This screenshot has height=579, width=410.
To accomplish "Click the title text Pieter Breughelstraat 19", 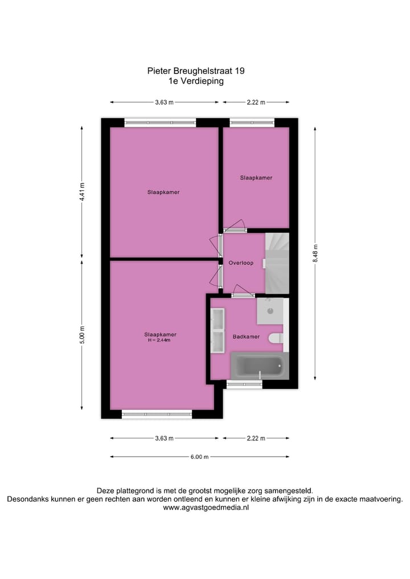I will [196, 71].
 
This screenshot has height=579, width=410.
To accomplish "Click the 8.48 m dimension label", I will [315, 253].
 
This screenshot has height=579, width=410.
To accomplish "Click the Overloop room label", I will [241, 263].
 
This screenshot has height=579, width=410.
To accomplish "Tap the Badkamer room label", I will [246, 336].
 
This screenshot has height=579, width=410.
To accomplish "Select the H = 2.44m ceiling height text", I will [160, 340].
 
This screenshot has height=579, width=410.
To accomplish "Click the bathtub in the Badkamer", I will [259, 365].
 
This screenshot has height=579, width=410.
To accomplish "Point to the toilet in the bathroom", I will [276, 339].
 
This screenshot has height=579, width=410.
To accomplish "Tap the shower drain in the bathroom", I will [271, 311].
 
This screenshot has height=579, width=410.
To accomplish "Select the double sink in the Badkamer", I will [218, 331].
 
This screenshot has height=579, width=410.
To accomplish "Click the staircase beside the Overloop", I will [277, 262].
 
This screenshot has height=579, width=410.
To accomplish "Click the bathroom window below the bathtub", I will [244, 385].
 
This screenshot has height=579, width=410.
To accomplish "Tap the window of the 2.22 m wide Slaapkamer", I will [251, 122].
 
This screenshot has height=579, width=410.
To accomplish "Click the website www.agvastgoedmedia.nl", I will [206, 507].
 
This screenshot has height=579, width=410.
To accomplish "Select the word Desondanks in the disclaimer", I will [27, 499].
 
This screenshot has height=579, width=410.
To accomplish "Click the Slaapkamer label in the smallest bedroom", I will [256, 178].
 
